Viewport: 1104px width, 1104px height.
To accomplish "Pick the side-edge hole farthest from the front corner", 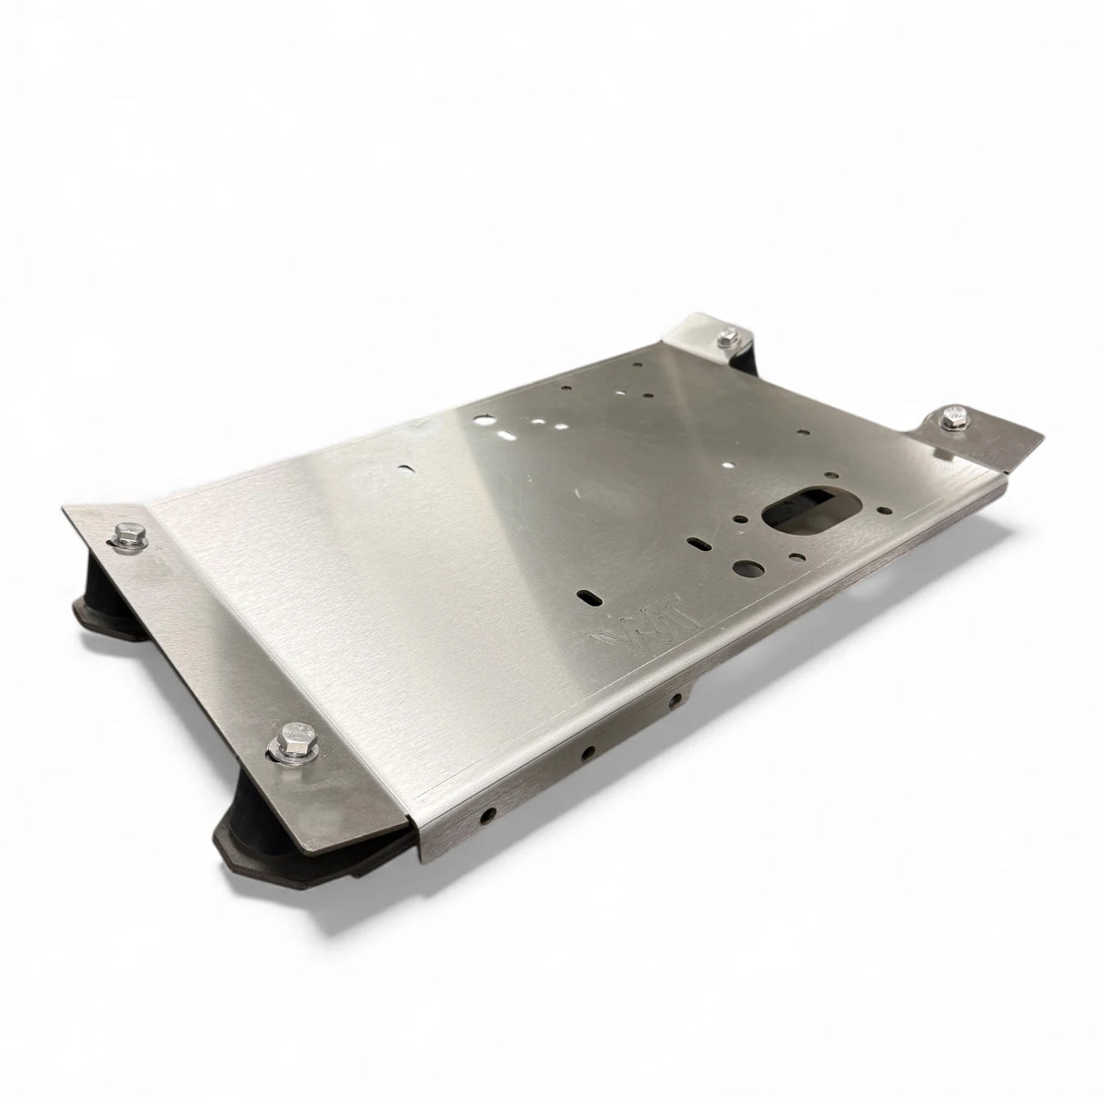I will (x=676, y=700).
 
